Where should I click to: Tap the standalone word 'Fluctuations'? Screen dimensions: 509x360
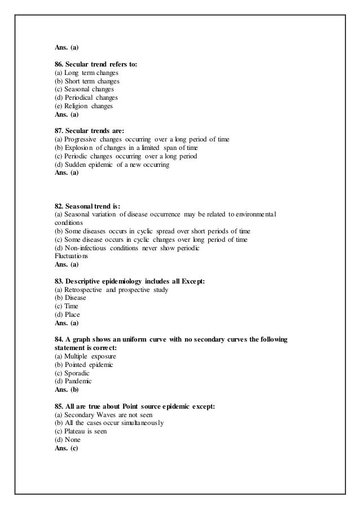(68, 255)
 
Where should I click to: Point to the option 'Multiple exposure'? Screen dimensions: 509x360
(89, 356)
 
